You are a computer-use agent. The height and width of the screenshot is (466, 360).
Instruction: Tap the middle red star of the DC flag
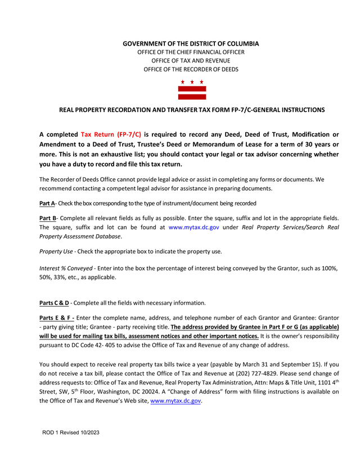[192, 82]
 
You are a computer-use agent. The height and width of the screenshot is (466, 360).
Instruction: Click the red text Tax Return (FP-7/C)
[111, 135]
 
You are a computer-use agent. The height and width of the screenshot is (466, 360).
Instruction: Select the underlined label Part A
[47, 203]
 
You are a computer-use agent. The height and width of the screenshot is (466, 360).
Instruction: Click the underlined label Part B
[47, 218]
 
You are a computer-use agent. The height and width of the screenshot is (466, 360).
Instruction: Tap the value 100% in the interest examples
[329, 268]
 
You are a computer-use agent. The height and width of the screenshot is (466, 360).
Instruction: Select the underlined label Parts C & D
[54, 303]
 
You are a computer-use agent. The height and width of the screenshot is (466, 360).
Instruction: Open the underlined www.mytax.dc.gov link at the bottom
[176, 402]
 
